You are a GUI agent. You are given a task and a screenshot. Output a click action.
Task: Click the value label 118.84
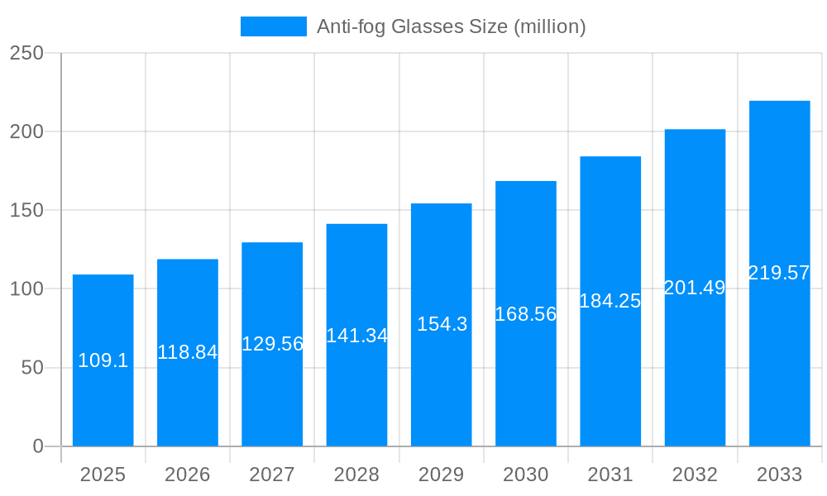click(188, 352)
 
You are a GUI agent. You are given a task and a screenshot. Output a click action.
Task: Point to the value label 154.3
click(442, 324)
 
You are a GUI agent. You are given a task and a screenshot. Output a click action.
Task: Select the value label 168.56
click(526, 314)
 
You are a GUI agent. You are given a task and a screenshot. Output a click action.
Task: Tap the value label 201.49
click(695, 288)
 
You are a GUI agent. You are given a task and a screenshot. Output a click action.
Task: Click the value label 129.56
click(272, 344)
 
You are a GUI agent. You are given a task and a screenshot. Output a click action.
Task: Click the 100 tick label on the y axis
click(26, 289)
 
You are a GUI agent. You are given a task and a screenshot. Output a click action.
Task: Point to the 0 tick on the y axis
click(38, 446)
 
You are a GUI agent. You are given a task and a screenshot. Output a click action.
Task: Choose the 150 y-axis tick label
click(26, 211)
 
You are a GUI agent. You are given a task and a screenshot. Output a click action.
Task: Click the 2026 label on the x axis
click(188, 475)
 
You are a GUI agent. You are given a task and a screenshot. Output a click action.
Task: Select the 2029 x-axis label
click(442, 475)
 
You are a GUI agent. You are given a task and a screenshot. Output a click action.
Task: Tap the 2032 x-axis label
click(695, 475)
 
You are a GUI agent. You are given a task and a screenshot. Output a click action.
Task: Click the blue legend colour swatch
click(274, 26)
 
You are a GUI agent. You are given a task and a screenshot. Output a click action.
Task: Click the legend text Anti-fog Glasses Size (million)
click(452, 26)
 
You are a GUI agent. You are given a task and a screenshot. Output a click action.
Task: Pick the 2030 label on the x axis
click(526, 475)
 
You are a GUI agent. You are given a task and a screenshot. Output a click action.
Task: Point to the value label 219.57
click(779, 273)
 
